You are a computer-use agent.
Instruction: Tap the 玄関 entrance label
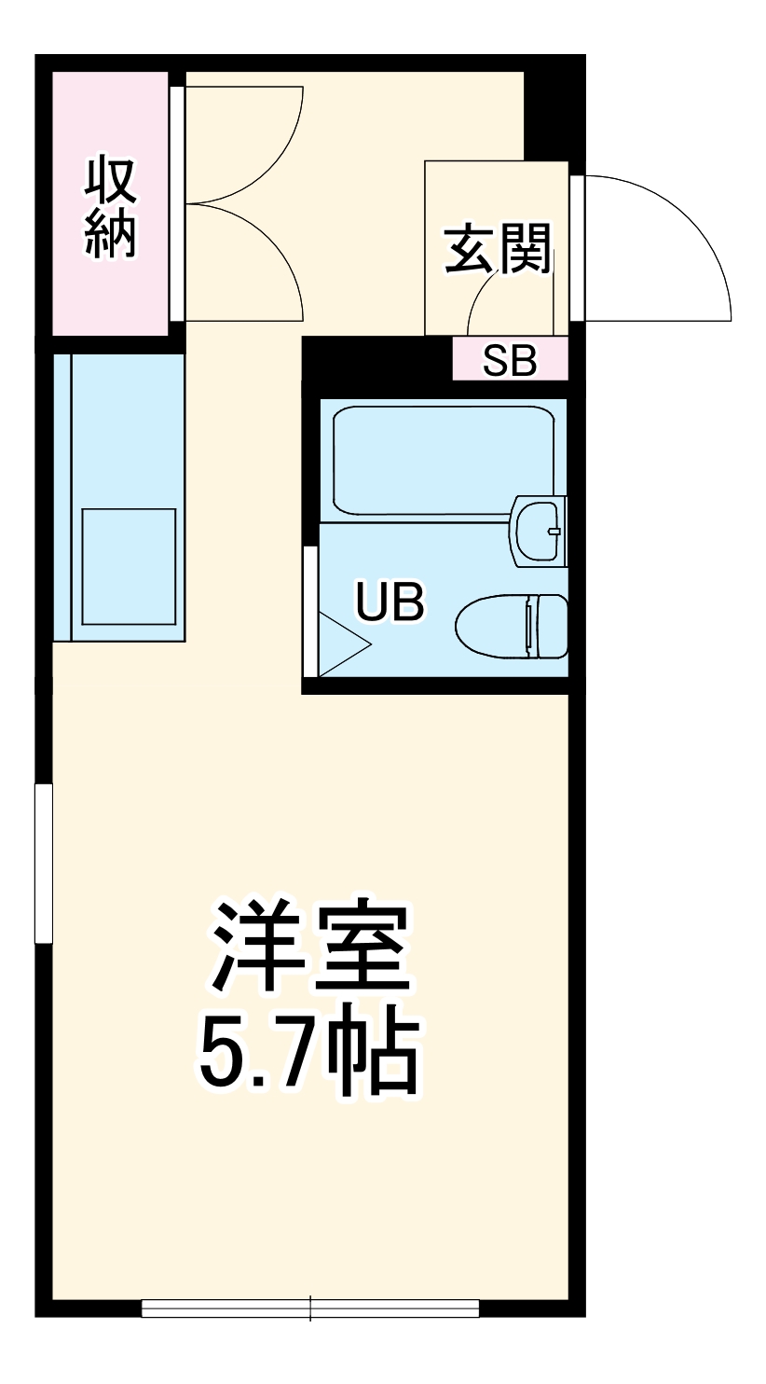click(497, 249)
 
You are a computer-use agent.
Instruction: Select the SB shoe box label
click(510, 362)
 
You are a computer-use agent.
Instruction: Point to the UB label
click(390, 602)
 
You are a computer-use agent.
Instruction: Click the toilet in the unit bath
click(513, 626)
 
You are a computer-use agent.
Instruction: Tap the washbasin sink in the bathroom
click(539, 532)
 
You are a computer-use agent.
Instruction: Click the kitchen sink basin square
click(129, 567)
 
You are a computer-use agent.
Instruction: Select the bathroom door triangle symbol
click(342, 644)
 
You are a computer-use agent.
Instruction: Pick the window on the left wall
click(44, 863)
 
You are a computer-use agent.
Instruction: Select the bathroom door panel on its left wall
click(311, 611)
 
